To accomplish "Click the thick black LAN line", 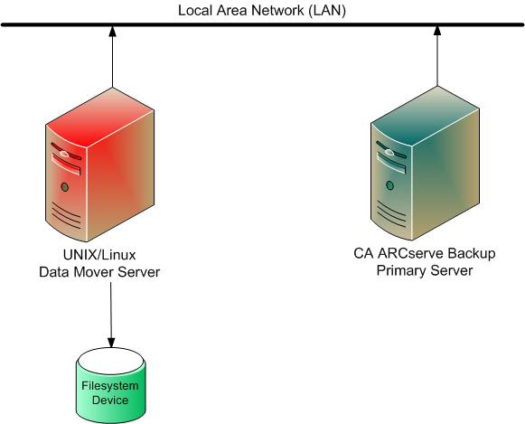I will pos(262,24).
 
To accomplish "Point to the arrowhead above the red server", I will pos(111,33).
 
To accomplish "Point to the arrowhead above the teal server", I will pos(436,33).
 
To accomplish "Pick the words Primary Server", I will pos(424,270).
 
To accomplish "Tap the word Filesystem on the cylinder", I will pos(110,386).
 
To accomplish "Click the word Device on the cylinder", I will pos(110,400).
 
